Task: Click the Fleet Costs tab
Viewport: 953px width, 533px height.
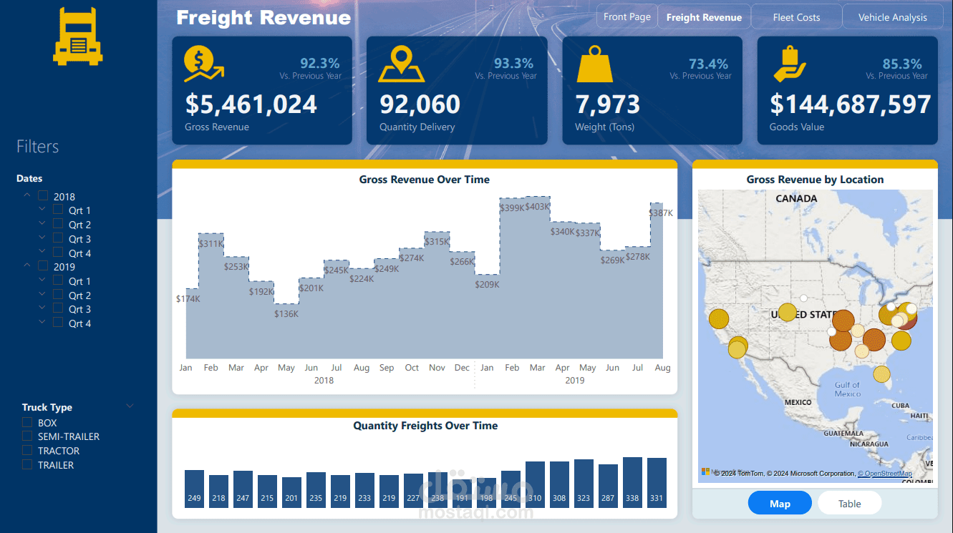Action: point(796,17)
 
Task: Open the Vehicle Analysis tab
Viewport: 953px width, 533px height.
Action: point(892,17)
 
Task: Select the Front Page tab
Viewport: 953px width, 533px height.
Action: point(627,16)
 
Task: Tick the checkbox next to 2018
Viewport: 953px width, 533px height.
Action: point(44,196)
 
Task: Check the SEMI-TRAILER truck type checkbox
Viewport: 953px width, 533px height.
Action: point(27,436)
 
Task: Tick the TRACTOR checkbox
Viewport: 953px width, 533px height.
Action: point(27,451)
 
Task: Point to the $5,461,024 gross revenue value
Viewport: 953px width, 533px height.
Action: point(251,104)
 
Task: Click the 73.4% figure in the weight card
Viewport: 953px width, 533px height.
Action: point(708,64)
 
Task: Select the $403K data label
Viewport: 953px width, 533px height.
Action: point(537,207)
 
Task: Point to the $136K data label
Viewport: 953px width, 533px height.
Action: point(286,313)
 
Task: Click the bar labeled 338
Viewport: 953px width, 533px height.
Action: point(632,483)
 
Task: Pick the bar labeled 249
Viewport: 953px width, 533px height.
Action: point(194,489)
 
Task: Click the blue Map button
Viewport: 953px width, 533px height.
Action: point(780,504)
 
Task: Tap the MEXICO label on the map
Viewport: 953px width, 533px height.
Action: point(798,402)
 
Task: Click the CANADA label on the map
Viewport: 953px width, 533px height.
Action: point(796,198)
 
